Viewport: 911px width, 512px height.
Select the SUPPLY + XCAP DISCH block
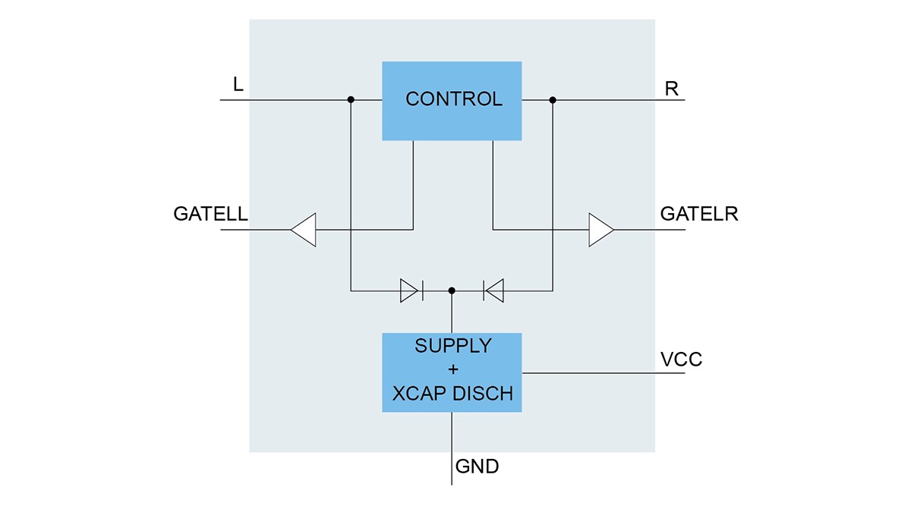click(452, 372)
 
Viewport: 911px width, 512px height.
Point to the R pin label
click(671, 88)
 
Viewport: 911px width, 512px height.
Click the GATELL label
click(210, 214)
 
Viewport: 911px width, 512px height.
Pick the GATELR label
click(698, 214)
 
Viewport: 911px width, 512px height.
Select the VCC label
click(681, 360)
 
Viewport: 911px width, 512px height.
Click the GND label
click(477, 466)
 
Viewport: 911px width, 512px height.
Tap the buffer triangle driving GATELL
click(303, 229)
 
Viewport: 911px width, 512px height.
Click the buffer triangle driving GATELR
click(601, 229)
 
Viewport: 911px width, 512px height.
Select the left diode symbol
click(411, 290)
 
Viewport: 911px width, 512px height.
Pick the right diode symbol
click(493, 290)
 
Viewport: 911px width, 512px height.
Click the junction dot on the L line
click(351, 99)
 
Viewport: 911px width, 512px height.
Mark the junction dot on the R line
click(553, 99)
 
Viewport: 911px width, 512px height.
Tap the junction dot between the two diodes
click(452, 290)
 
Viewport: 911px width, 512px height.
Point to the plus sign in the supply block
click(452, 370)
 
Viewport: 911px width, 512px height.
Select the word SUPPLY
click(452, 346)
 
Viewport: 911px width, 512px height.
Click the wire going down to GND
click(452, 448)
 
